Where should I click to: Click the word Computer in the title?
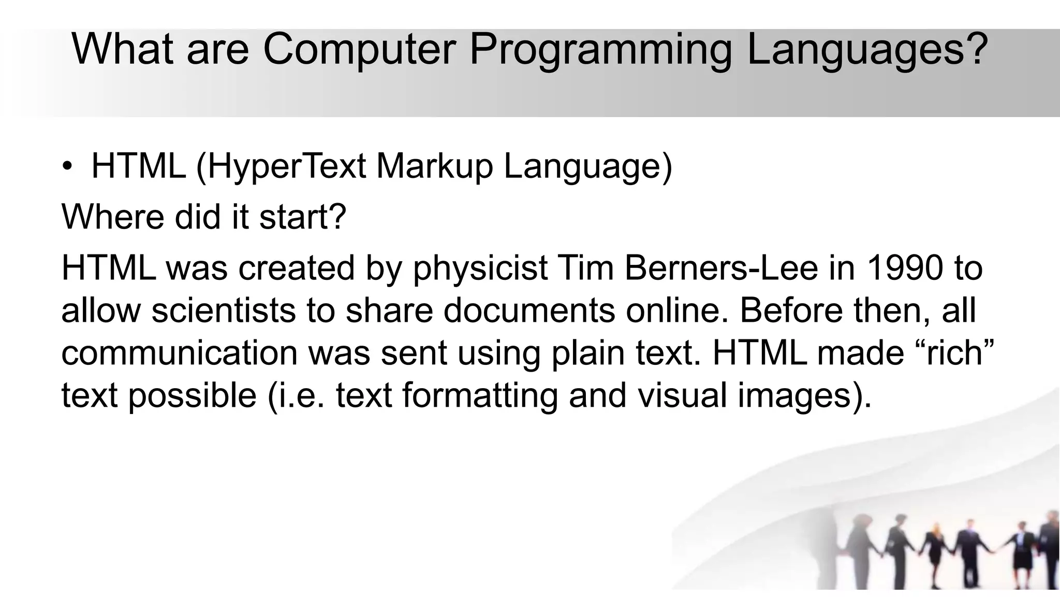pos(359,49)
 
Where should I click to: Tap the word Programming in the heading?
pos(600,49)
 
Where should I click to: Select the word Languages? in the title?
pos(867,49)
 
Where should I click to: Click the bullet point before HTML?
pos(68,167)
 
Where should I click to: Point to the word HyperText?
pos(287,167)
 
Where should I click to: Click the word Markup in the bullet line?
pos(434,167)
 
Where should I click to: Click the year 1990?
pos(905,268)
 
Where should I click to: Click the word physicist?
pos(480,268)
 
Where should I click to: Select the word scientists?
pos(224,311)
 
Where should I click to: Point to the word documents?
pos(529,311)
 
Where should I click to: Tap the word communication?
pos(179,353)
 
